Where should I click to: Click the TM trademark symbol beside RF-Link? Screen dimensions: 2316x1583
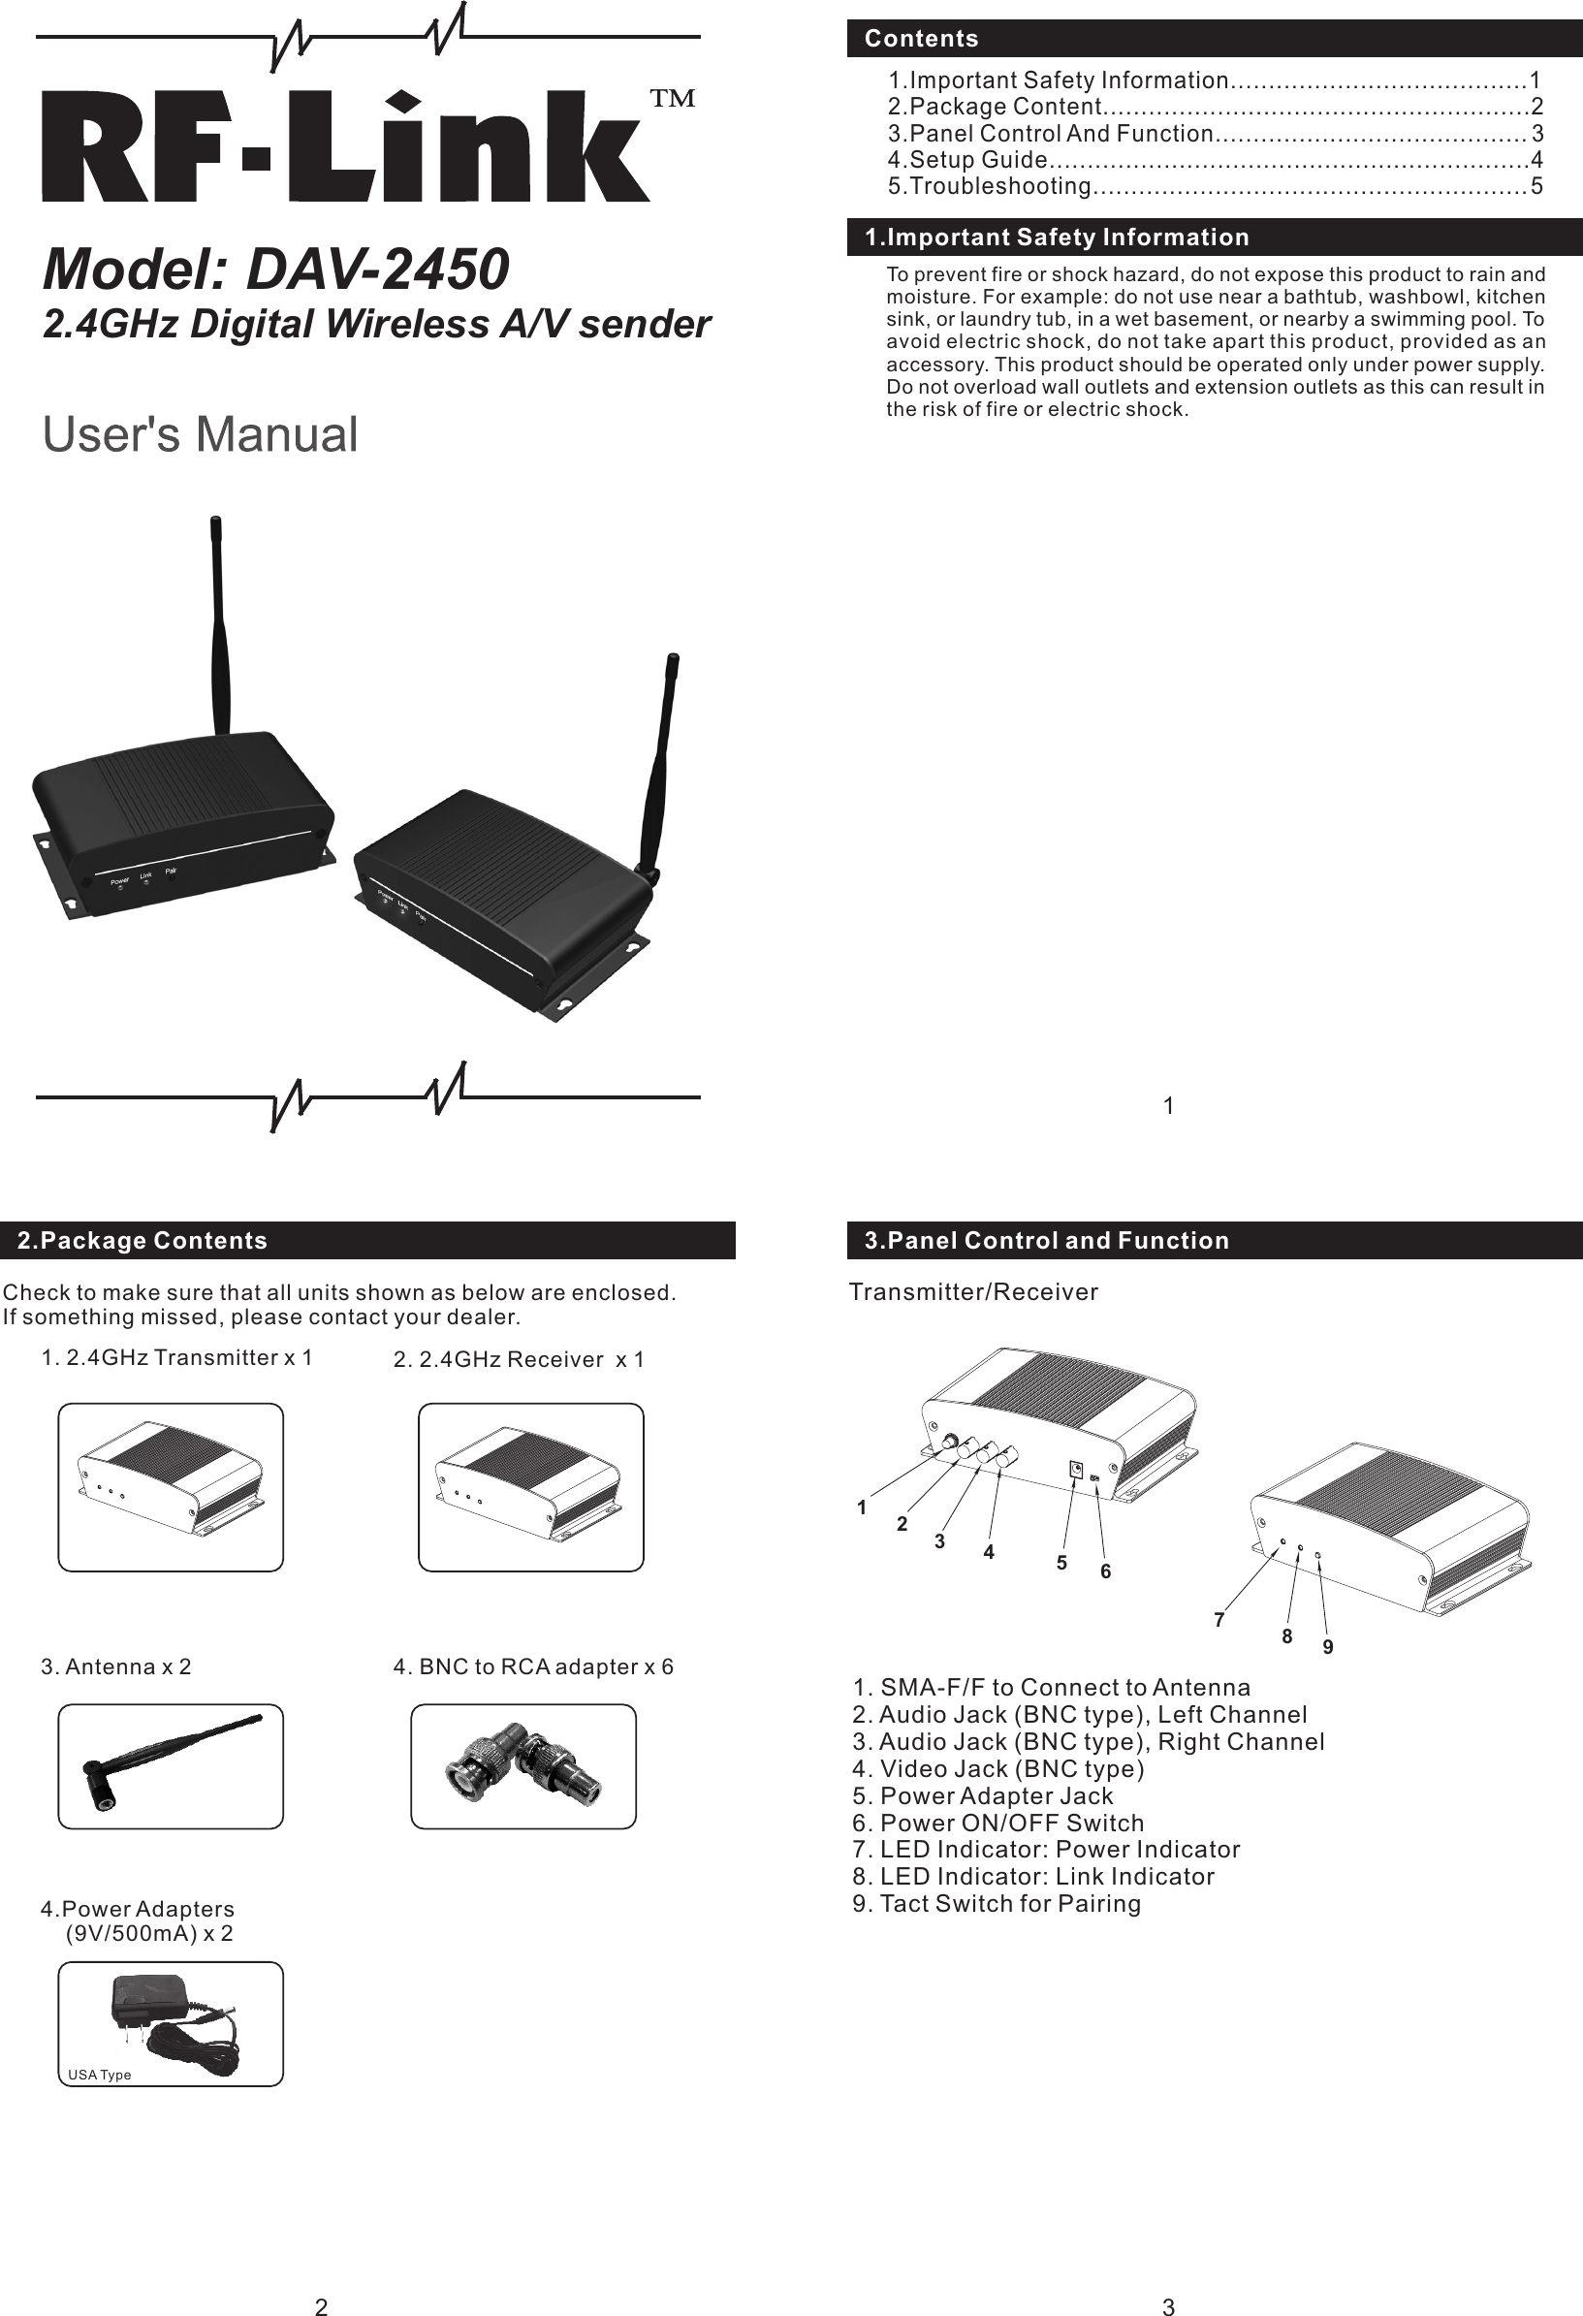click(x=673, y=98)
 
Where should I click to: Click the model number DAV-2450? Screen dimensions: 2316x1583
click(x=376, y=270)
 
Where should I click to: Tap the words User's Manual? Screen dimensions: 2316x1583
click(x=201, y=434)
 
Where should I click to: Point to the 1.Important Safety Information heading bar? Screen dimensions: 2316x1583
click(x=1057, y=238)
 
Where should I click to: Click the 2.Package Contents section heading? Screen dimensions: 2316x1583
click(x=142, y=1241)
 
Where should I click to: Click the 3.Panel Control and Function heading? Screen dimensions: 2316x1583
click(x=1047, y=1241)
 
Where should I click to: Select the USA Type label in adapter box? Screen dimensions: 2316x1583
click(x=100, y=2075)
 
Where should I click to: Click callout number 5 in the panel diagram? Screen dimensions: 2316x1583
click(x=1062, y=1563)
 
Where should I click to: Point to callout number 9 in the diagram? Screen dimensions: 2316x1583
click(x=1328, y=1647)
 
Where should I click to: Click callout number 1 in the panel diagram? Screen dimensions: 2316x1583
click(x=863, y=1507)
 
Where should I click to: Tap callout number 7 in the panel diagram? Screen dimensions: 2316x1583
click(x=1219, y=1620)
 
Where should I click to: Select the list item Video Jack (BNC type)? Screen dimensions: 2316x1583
click(x=999, y=1769)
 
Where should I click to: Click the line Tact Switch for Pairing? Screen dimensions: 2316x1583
click(x=997, y=1903)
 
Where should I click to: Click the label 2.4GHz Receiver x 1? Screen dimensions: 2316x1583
click(x=519, y=1359)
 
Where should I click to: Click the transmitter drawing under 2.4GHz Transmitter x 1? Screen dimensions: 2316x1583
click(x=171, y=1488)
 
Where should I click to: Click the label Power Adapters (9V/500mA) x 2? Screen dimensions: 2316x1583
click(x=138, y=1921)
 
